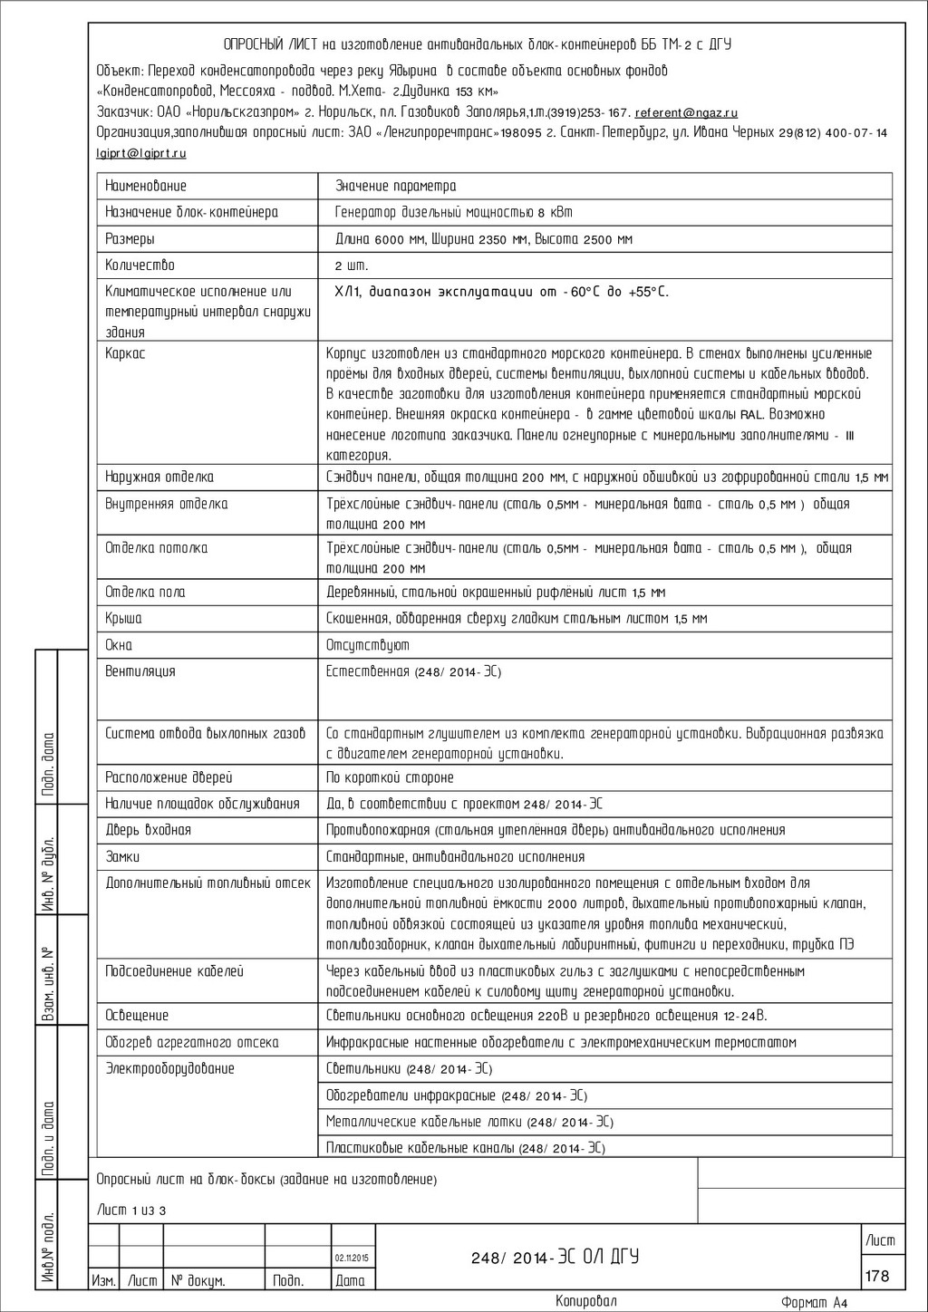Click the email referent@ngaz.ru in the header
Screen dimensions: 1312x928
(x=686, y=113)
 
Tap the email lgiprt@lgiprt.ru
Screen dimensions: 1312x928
(x=141, y=153)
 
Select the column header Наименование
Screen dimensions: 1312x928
(x=146, y=186)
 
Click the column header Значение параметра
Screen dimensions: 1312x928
(x=395, y=186)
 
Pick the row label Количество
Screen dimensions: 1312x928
(x=140, y=265)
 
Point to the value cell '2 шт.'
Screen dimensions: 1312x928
(x=352, y=266)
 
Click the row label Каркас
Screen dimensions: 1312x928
(x=125, y=353)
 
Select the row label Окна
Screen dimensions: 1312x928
(x=119, y=645)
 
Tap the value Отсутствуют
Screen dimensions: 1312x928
(x=368, y=645)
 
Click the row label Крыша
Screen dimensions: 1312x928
(x=123, y=619)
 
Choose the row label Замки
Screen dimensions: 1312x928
(x=122, y=856)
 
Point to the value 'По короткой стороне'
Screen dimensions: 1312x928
(x=390, y=777)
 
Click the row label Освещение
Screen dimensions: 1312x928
(x=137, y=1016)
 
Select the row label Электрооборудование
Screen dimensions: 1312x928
(x=169, y=1068)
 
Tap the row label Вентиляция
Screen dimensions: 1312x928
(x=140, y=671)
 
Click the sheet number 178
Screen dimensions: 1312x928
(x=877, y=1276)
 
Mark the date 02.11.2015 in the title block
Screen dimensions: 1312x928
(x=352, y=1259)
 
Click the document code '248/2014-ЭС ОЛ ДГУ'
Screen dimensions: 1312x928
(x=555, y=1257)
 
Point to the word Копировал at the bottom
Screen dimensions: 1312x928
(x=585, y=1301)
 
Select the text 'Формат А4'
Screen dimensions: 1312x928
(x=814, y=1303)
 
